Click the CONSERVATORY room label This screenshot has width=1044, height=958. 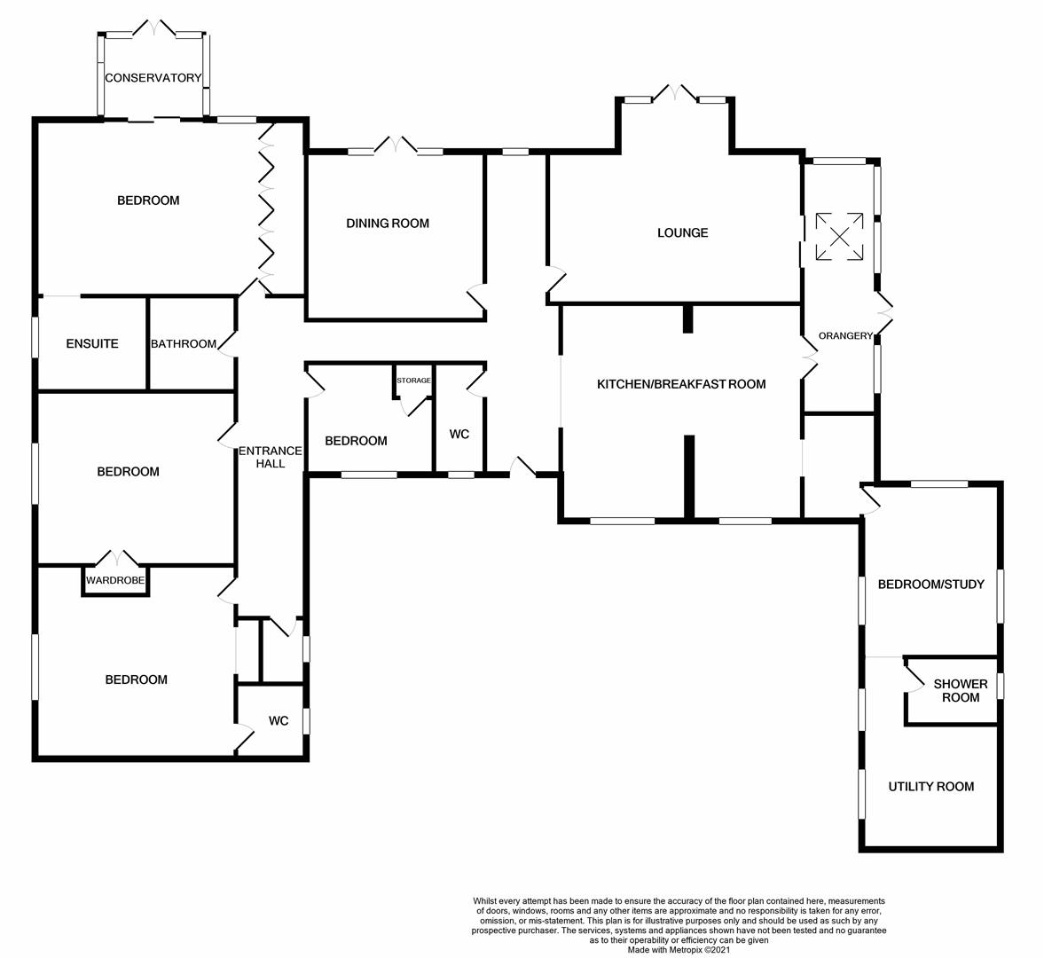[153, 78]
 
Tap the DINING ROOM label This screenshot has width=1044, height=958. [388, 224]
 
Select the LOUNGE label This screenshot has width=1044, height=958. [682, 233]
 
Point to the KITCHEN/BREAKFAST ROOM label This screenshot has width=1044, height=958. [680, 384]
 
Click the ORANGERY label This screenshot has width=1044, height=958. [845, 336]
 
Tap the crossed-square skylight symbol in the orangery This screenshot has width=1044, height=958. [838, 236]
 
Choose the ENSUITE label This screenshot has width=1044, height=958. [92, 344]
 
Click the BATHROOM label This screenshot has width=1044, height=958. [184, 344]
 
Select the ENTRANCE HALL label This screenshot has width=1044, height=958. [271, 457]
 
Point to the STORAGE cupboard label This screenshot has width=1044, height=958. [413, 381]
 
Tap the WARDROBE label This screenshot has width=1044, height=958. [115, 581]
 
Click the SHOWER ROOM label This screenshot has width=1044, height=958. [960, 691]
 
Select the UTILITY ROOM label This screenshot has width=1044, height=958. [930, 787]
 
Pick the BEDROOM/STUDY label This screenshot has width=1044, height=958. [930, 585]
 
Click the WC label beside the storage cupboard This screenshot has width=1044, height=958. [459, 435]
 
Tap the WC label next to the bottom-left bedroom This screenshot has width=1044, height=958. [279, 721]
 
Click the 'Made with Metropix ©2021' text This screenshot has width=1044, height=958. [679, 949]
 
